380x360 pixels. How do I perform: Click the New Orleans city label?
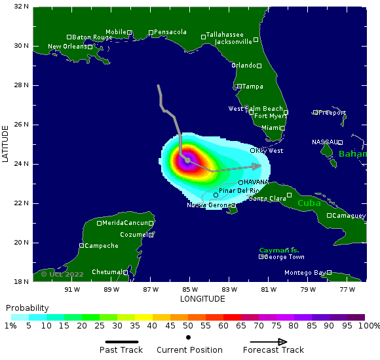[68, 47]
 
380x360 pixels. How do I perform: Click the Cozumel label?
[134, 235]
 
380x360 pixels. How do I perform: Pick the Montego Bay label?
[305, 273]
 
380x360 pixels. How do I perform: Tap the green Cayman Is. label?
[279, 250]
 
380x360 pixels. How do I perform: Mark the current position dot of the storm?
[187, 160]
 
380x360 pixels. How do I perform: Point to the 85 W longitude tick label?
[190, 289]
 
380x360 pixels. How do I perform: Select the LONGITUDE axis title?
[202, 299]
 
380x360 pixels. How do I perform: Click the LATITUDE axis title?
[5, 144]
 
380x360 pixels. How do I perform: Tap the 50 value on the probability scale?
[187, 326]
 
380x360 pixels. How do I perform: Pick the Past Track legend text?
[121, 350]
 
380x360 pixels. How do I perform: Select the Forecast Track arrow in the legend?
[269, 342]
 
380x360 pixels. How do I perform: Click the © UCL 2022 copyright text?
[62, 274]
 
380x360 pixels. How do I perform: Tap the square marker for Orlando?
[259, 66]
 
